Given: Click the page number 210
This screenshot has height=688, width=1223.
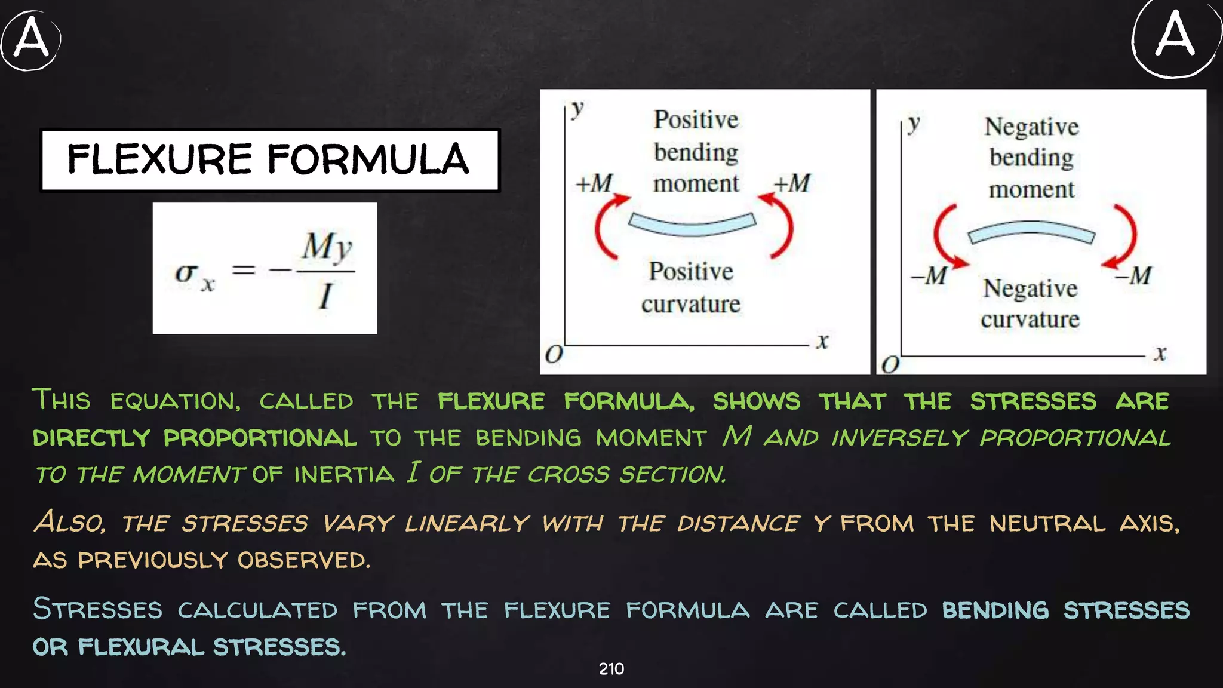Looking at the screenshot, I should coord(611,669).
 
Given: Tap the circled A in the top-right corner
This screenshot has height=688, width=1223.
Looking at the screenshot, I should coord(1175,37).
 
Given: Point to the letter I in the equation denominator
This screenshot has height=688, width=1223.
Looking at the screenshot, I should coord(325,296).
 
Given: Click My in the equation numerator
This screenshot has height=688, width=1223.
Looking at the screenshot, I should coord(326,246).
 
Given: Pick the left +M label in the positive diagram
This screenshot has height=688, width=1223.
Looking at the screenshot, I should coord(594,183).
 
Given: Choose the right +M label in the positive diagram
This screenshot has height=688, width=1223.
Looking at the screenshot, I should coord(792,183).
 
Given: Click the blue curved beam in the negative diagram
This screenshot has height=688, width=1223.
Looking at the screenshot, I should coord(1031,231).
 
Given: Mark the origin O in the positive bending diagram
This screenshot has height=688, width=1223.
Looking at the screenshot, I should coord(554,354).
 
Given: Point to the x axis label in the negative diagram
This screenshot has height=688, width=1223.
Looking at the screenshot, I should coord(1160,353).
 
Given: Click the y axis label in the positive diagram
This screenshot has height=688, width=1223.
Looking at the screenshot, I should coord(577,109).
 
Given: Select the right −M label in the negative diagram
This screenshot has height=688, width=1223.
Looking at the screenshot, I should coord(1133,275).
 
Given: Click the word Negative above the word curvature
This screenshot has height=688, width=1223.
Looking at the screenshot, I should coord(1030,288).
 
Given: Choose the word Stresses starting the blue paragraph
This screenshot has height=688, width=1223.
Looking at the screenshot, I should coord(97,609).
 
